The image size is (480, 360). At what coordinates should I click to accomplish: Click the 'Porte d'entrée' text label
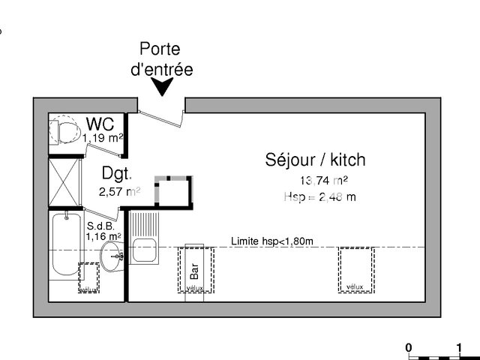point(166,60)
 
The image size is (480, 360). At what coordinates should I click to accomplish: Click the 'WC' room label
point(100,123)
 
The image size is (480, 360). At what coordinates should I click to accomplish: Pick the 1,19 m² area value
point(103,137)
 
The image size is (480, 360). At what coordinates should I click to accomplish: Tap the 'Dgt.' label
point(117,175)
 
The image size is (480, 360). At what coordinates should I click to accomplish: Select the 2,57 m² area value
point(119,191)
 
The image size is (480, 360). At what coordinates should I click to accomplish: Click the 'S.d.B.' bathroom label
point(100,225)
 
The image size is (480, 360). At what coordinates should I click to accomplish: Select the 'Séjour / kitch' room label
point(315,159)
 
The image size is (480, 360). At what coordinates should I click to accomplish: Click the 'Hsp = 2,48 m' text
point(319,197)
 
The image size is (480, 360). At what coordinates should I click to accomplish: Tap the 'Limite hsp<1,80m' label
point(271,241)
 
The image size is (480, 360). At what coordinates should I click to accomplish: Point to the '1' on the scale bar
point(458,348)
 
